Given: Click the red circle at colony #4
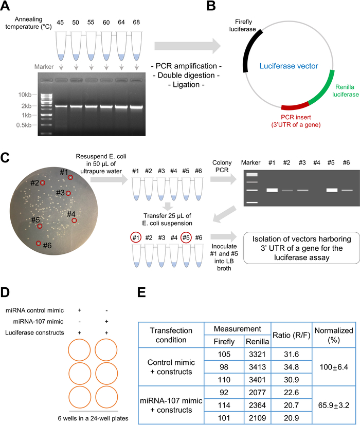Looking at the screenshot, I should [x=74, y=220].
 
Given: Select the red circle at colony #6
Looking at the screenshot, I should [x=38, y=243].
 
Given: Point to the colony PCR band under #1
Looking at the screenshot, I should [x=273, y=190].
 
